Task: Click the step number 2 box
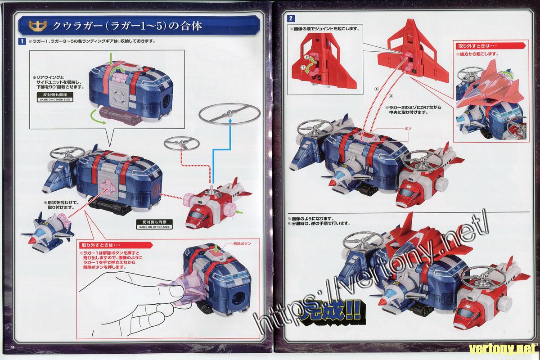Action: tap(292, 18)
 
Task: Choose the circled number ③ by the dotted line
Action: tap(391, 95)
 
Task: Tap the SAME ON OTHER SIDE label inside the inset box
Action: tap(52, 97)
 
